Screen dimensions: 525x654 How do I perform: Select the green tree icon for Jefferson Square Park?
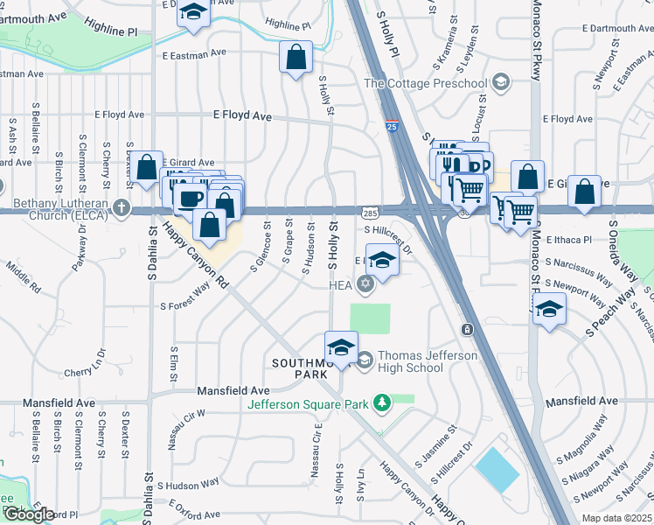381,402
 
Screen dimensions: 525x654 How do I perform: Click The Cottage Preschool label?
425,83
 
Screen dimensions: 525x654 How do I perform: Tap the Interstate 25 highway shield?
391,128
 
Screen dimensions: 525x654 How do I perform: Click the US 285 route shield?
370,212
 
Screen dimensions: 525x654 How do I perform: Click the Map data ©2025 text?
616,518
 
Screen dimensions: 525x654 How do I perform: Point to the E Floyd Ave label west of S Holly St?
242,115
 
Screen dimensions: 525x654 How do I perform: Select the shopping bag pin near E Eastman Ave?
296,58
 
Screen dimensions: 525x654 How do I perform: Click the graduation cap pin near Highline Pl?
192,13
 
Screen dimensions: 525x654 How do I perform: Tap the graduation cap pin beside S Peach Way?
549,309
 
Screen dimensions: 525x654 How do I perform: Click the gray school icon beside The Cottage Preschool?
500,83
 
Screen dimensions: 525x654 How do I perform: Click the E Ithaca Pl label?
569,239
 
